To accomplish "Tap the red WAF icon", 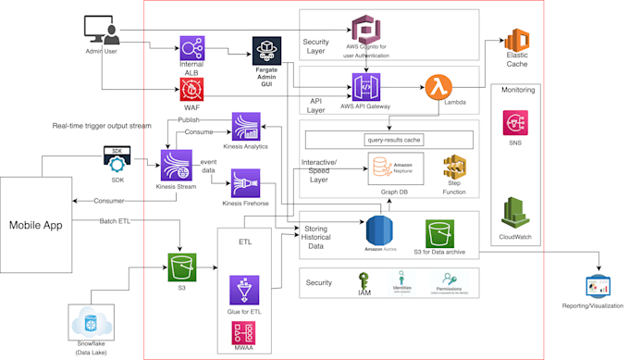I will (x=192, y=90).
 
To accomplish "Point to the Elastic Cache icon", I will (x=516, y=42).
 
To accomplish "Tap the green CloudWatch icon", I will (x=515, y=212).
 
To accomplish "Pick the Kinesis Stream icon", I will (x=176, y=165).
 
